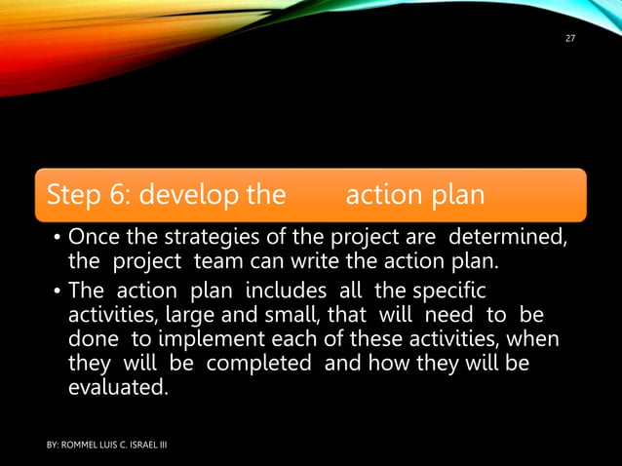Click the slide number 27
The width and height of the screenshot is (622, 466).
571,38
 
